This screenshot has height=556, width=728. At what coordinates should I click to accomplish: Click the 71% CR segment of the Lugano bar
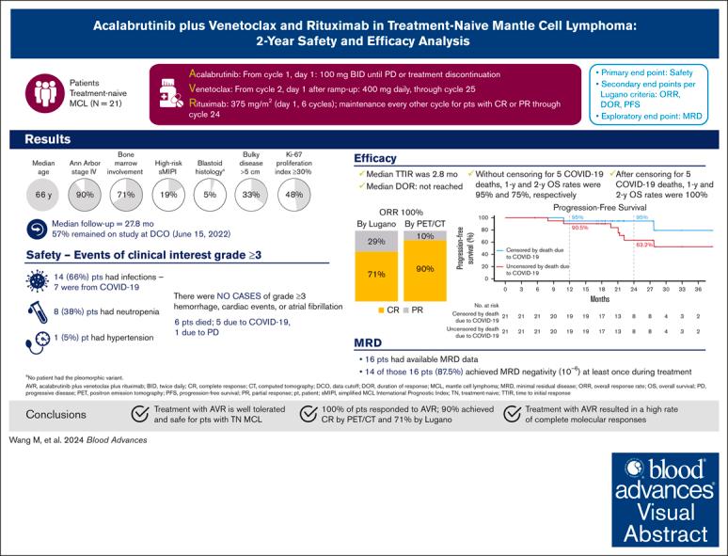(x=376, y=275)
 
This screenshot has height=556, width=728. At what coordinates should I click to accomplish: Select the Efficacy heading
(x=375, y=158)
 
